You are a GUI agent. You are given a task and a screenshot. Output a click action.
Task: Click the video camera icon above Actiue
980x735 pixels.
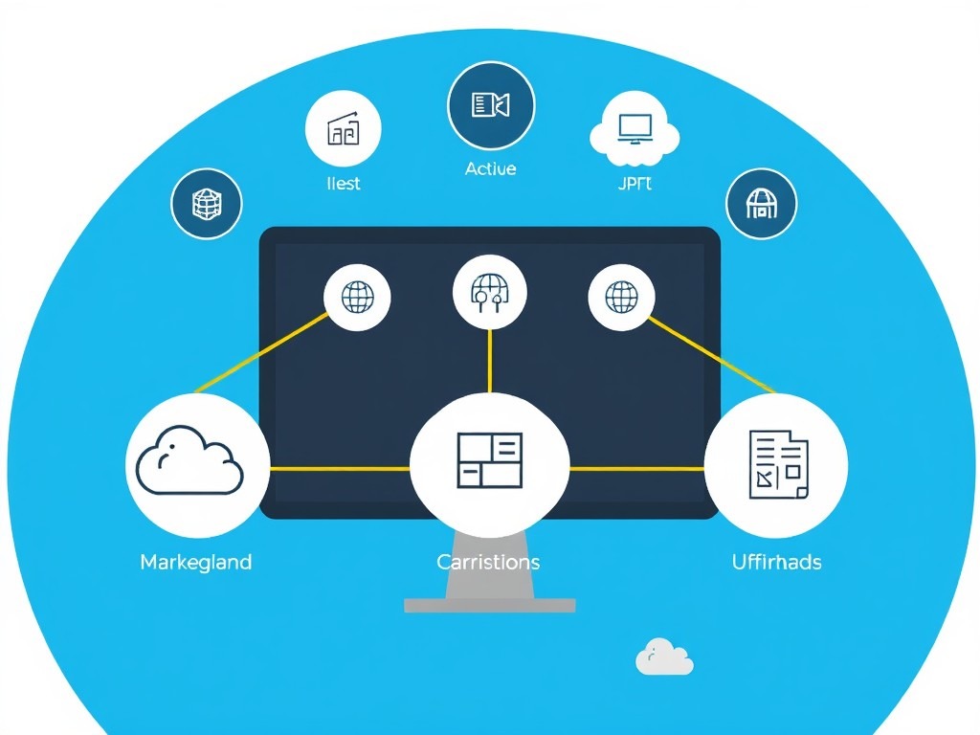pos(491,104)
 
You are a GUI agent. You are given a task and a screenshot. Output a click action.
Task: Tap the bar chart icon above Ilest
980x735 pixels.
pos(343,130)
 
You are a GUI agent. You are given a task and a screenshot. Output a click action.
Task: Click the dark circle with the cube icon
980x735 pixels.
pos(207,204)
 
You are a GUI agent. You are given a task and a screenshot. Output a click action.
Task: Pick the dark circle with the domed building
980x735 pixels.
pos(761,204)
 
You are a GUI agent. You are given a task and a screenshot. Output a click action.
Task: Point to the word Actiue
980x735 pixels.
pos(490,168)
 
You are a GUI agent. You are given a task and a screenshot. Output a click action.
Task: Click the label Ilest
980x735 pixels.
pos(343,183)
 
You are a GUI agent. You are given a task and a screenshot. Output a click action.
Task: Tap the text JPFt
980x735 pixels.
pos(635,183)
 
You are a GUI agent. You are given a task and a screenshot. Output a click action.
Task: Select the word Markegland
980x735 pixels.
pos(196,562)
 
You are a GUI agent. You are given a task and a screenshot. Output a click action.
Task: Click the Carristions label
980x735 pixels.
pos(488,562)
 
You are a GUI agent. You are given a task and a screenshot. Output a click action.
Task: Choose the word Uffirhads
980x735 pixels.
pos(776,562)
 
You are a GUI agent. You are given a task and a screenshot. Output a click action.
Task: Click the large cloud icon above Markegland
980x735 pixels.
pos(190,463)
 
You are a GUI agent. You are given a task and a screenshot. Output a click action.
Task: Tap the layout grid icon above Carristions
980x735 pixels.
pos(489,460)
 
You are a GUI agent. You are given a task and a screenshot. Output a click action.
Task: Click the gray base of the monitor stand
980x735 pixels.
pos(489,605)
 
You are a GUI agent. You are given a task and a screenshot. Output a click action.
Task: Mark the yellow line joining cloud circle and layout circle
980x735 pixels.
pos(339,469)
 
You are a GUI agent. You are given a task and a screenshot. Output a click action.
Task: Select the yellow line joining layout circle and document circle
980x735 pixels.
pos(636,469)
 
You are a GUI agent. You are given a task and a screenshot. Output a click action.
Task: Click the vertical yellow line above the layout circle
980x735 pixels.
pos(489,359)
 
